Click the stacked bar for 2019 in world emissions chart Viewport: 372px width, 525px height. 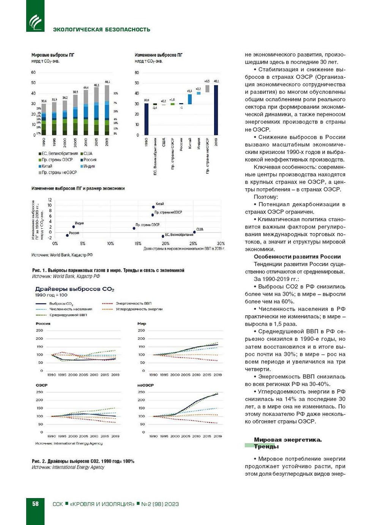(107, 110)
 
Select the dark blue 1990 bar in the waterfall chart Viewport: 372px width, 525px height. (147, 119)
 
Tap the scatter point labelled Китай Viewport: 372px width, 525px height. (153, 207)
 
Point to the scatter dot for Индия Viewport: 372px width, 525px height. (74, 227)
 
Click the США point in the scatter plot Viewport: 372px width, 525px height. (194, 232)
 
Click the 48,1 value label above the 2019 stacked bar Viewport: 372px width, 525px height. (107, 82)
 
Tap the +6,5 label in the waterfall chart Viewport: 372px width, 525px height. (207, 81)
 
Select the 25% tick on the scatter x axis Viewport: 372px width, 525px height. (193, 243)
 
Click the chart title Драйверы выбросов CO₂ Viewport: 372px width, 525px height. (74, 289)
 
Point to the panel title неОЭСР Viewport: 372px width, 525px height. (145, 385)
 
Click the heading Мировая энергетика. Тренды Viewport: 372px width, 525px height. (287, 443)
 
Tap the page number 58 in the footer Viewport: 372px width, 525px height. (35, 504)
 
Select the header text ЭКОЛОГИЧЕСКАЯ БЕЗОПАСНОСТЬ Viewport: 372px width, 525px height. (101, 30)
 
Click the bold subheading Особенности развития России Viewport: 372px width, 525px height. (297, 257)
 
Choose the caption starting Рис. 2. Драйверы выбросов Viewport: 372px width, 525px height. (83, 461)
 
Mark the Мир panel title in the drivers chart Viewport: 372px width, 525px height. (142, 324)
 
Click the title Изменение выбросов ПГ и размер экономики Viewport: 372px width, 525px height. (78, 188)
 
